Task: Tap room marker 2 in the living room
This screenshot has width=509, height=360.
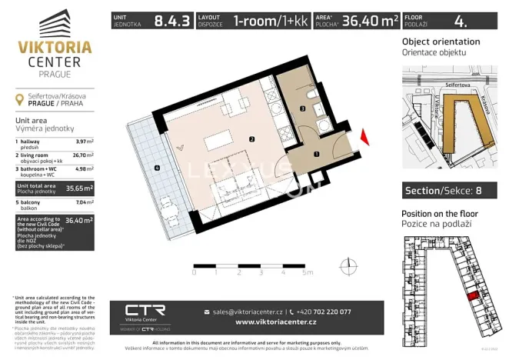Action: coord(251,139)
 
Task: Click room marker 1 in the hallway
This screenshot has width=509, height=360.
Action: coord(317,154)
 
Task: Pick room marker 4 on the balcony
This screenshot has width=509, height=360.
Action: coord(156,167)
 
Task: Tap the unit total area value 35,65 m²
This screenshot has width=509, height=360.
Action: coord(78,187)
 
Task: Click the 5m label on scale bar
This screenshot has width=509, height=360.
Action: coord(308,273)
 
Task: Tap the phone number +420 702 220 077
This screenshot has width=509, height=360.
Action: coord(324,312)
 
